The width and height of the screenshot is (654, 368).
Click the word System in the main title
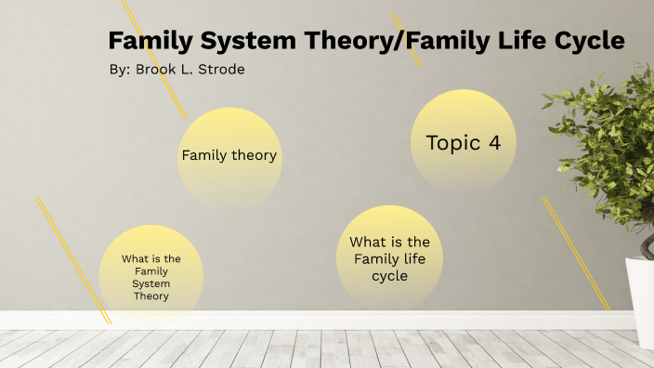[x=234, y=42]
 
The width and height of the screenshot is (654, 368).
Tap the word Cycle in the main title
[x=584, y=42]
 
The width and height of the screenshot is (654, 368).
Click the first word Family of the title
[x=148, y=42]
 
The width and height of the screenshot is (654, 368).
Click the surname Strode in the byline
[x=220, y=70]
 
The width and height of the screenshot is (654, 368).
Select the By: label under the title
[x=120, y=70]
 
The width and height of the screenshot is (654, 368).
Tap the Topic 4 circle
[x=463, y=142]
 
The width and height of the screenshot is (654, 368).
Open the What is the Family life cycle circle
[x=389, y=257]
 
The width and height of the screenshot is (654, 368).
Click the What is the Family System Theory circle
[x=150, y=277]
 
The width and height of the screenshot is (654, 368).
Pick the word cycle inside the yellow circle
[x=389, y=276]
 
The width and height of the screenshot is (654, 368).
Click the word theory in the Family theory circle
[x=255, y=156]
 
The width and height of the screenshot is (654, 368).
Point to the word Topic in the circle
[x=452, y=142]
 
